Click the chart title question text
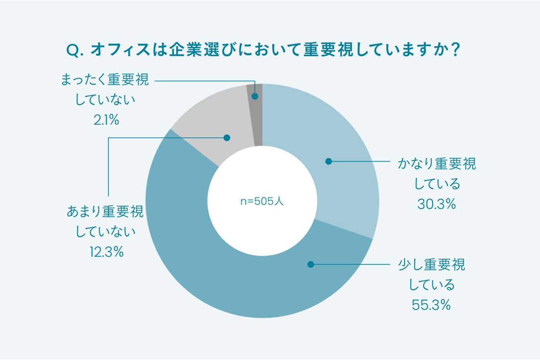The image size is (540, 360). click(x=263, y=50)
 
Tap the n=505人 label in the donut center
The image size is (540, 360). click(x=262, y=201)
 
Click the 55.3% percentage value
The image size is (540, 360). click(x=432, y=305)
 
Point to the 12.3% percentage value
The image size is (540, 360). click(x=106, y=252)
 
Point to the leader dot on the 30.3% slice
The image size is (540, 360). click(x=328, y=161)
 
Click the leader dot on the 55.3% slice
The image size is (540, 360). click(x=311, y=264)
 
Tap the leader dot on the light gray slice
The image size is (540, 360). click(x=226, y=137)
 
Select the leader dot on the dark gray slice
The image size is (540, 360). click(x=255, y=97)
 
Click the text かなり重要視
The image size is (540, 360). click(x=436, y=164)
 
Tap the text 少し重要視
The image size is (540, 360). click(x=432, y=265)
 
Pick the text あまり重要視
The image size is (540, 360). click(x=105, y=212)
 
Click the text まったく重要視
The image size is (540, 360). click(x=105, y=81)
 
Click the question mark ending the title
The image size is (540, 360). click(x=454, y=50)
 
